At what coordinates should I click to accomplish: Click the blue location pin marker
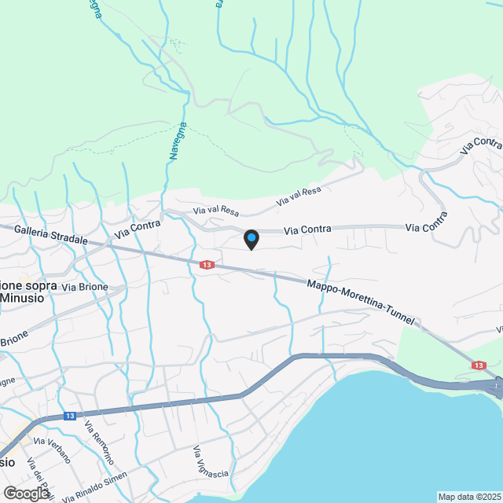pos(251,239)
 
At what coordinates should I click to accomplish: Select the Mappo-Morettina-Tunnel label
pos(360,298)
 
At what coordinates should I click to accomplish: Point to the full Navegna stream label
pos(176,142)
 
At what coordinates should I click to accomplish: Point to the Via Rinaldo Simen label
pos(95,487)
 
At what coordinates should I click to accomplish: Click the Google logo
pos(26,493)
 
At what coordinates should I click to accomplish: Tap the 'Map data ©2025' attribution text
pos(469,497)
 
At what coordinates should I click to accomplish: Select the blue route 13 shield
pos(70,416)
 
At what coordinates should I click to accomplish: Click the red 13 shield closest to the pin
pos(207,266)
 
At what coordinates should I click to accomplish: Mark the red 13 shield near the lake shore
pos(479,365)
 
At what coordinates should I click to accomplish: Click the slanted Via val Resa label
pos(299,196)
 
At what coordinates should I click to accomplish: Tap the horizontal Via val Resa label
pos(216,211)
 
